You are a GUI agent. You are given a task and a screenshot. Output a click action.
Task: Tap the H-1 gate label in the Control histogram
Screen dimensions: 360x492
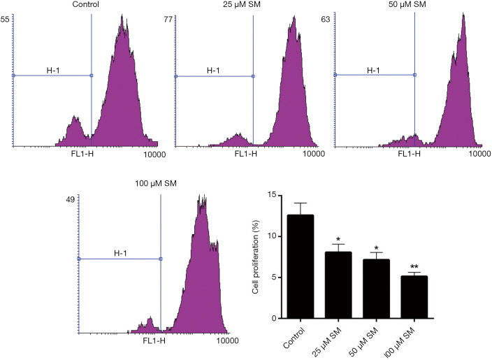coord(52,69)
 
